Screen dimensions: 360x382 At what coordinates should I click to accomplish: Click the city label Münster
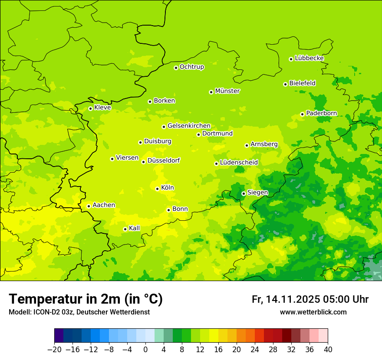pyautogui.click(x=227, y=91)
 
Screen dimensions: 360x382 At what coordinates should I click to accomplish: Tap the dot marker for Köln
pyautogui.click(x=157, y=189)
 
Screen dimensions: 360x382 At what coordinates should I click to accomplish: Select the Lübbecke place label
pyautogui.click(x=309, y=58)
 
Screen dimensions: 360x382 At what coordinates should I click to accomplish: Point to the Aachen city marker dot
pyautogui.click(x=89, y=206)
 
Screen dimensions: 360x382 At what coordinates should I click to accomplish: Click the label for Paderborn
pyautogui.click(x=321, y=113)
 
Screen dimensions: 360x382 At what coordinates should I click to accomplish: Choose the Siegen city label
pyautogui.click(x=257, y=193)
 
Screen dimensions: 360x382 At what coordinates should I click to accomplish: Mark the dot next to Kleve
pyautogui.click(x=90, y=108)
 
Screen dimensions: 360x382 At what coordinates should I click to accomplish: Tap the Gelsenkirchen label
pyautogui.click(x=189, y=126)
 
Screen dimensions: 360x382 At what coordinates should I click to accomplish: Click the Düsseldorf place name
pyautogui.click(x=164, y=160)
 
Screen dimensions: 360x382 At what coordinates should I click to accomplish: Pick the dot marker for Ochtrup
pyautogui.click(x=176, y=67)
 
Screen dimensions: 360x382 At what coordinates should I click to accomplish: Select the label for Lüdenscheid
pyautogui.click(x=239, y=163)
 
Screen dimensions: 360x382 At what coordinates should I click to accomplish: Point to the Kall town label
pyautogui.click(x=135, y=228)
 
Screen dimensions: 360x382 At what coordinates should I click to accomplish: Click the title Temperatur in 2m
pyautogui.click(x=86, y=299)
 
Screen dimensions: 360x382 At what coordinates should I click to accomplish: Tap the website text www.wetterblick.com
pyautogui.click(x=313, y=312)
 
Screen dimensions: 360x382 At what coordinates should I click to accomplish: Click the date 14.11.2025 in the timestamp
pyautogui.click(x=292, y=299)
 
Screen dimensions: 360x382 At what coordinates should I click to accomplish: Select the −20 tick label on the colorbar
pyautogui.click(x=54, y=350)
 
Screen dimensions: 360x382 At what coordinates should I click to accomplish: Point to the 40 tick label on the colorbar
pyautogui.click(x=328, y=350)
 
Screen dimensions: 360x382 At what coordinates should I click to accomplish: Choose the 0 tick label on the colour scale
pyautogui.click(x=145, y=350)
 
